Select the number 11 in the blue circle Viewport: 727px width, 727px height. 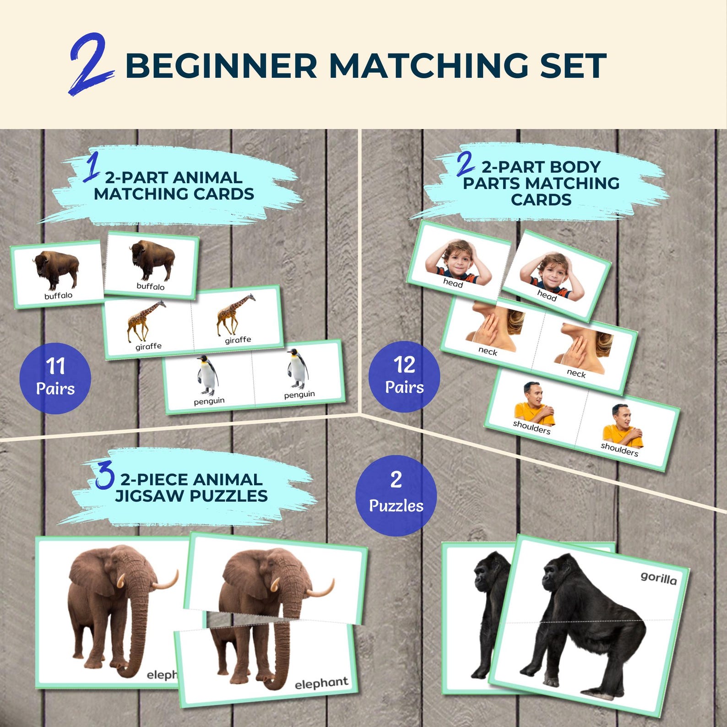pos(55,366)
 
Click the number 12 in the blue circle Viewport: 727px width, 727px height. pos(404,365)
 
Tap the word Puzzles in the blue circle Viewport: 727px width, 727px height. pos(396,506)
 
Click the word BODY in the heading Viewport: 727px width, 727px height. pos(576,167)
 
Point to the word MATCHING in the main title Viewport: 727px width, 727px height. pos(428,65)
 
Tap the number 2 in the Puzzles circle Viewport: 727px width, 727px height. pos(396,480)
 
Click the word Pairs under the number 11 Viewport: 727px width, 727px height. pos(55,389)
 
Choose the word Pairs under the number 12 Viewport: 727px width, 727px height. pos(404,387)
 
